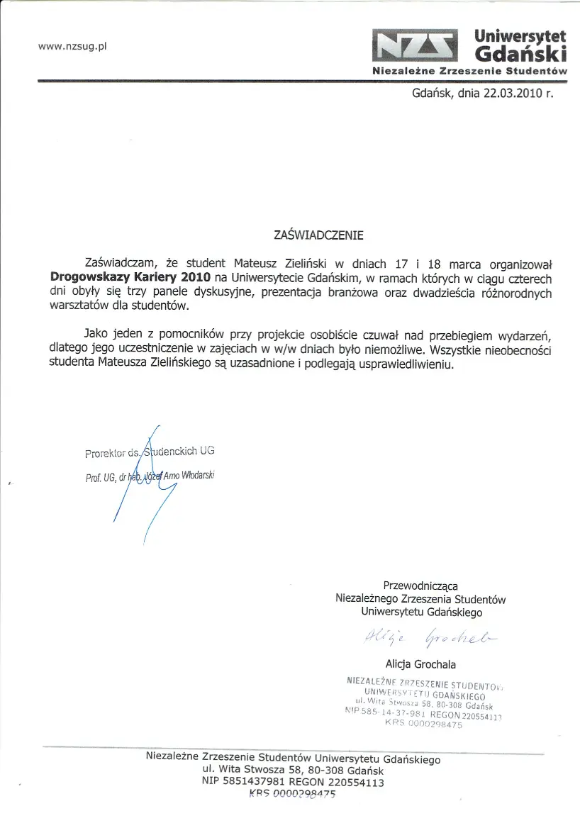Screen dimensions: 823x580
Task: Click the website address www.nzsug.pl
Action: tap(72, 47)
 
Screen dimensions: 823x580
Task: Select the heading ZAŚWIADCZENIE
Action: tap(318, 235)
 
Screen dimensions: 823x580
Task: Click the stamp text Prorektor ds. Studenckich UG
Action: tap(149, 452)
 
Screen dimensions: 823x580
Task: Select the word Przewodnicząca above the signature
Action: tap(420, 586)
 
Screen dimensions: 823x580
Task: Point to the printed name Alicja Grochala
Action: tap(420, 665)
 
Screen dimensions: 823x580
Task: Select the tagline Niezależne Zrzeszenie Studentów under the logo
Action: tap(470, 71)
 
